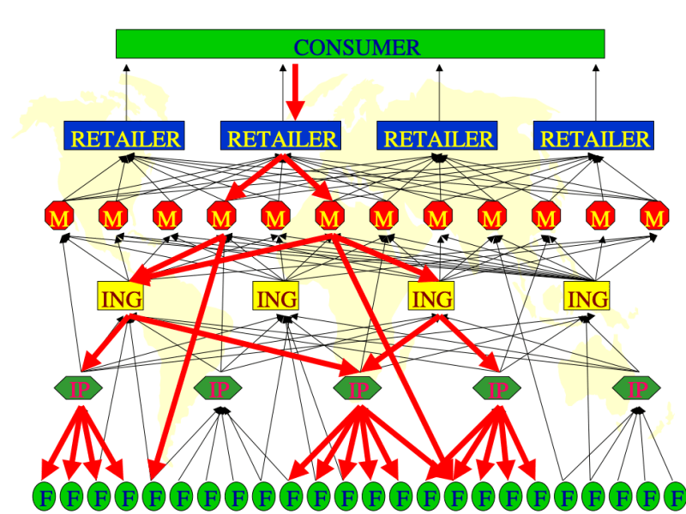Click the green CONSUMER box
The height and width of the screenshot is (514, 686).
click(x=359, y=45)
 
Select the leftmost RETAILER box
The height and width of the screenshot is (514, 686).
click(x=124, y=136)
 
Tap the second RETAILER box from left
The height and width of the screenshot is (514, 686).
click(x=281, y=136)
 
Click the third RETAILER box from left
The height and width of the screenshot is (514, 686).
click(x=437, y=136)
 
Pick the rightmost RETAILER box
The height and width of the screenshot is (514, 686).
click(x=593, y=136)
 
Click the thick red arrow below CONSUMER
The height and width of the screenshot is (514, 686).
click(x=295, y=90)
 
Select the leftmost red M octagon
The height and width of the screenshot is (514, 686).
click(x=59, y=218)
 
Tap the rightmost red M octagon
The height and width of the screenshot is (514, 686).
click(x=655, y=218)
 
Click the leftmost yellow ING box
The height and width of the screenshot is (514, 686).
click(x=120, y=297)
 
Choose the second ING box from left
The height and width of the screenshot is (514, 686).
click(x=276, y=297)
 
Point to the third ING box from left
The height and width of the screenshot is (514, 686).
click(x=431, y=297)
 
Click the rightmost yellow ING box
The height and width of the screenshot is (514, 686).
click(x=587, y=297)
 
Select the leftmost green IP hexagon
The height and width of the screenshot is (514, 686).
click(x=79, y=389)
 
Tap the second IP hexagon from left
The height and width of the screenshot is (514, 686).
click(x=218, y=389)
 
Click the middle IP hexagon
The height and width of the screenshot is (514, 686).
click(x=358, y=389)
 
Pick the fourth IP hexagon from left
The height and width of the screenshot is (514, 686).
click(x=497, y=389)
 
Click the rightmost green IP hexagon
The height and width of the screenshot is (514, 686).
click(x=637, y=389)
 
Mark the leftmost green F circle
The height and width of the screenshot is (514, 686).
click(x=45, y=496)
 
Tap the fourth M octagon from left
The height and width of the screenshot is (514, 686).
click(x=221, y=218)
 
